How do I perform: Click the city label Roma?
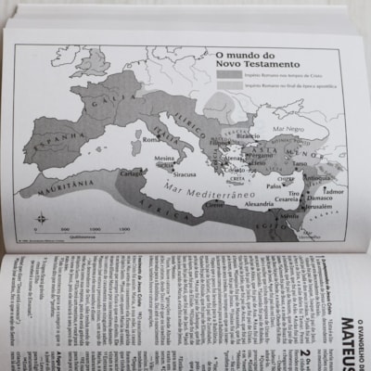(x=147, y=139)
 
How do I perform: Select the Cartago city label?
(x=131, y=173)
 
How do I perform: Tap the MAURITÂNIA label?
(x=53, y=185)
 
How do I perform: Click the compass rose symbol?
(x=41, y=219)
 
